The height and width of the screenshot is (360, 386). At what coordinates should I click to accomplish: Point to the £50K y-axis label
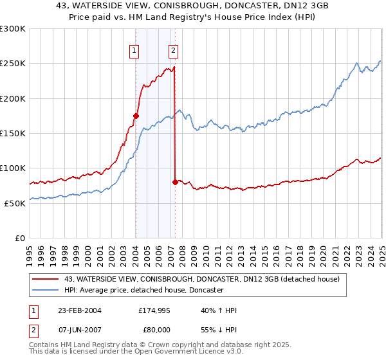tap(15, 203)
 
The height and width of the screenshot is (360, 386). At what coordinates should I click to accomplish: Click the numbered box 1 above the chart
tap(134, 51)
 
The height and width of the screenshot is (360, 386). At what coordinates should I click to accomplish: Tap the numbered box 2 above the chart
tap(174, 51)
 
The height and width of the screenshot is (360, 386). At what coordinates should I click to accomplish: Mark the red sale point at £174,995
tap(136, 116)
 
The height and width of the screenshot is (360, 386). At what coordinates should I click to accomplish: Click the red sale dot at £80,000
tap(175, 182)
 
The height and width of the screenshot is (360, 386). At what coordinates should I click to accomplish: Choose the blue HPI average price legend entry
tap(143, 291)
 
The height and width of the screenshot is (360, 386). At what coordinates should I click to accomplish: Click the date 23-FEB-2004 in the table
tap(80, 310)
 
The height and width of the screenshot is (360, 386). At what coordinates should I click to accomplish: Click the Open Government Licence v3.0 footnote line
tap(135, 353)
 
